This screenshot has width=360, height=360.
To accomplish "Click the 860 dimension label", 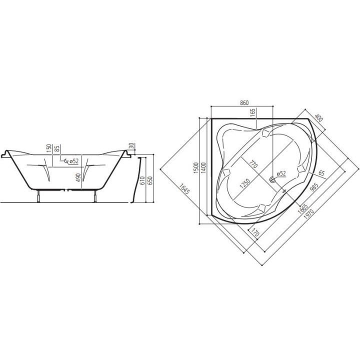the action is point(244,103).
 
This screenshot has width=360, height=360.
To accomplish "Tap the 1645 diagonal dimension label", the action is point(184,188).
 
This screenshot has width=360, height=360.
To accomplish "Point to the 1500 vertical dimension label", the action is point(195,168).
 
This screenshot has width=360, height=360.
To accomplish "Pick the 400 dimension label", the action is point(318,118).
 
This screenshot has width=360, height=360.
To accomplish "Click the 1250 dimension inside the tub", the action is point(244,183).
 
